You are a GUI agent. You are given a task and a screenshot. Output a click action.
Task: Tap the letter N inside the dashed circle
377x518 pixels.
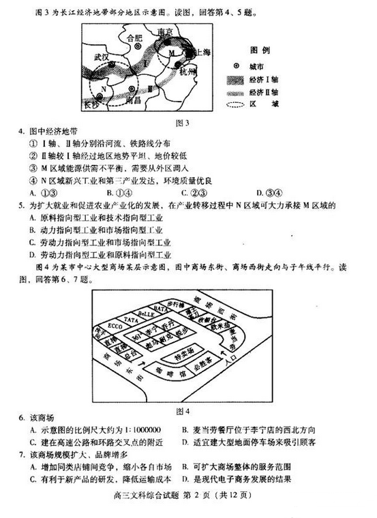pyautogui.click(x=103, y=89)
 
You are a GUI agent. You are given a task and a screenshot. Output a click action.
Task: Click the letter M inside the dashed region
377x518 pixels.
pyautogui.click(x=172, y=52)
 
